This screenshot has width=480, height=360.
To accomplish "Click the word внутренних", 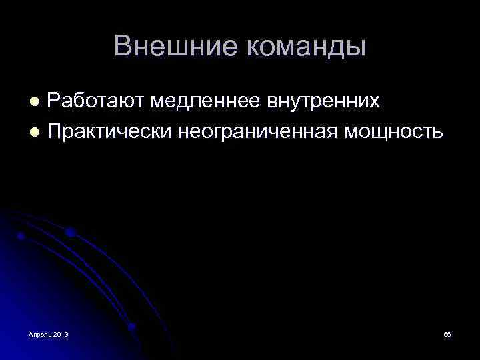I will (324, 101).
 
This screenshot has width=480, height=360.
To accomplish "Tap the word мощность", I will (393, 131).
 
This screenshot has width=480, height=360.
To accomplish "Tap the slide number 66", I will (447, 333).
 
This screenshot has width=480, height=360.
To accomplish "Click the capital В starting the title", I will (122, 46).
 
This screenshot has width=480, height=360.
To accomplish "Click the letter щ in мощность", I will (385, 131).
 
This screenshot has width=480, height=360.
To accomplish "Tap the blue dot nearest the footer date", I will (131, 327).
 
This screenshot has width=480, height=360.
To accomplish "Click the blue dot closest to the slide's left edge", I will (21, 236).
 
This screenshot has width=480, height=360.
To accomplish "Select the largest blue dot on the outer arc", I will (70, 233).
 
